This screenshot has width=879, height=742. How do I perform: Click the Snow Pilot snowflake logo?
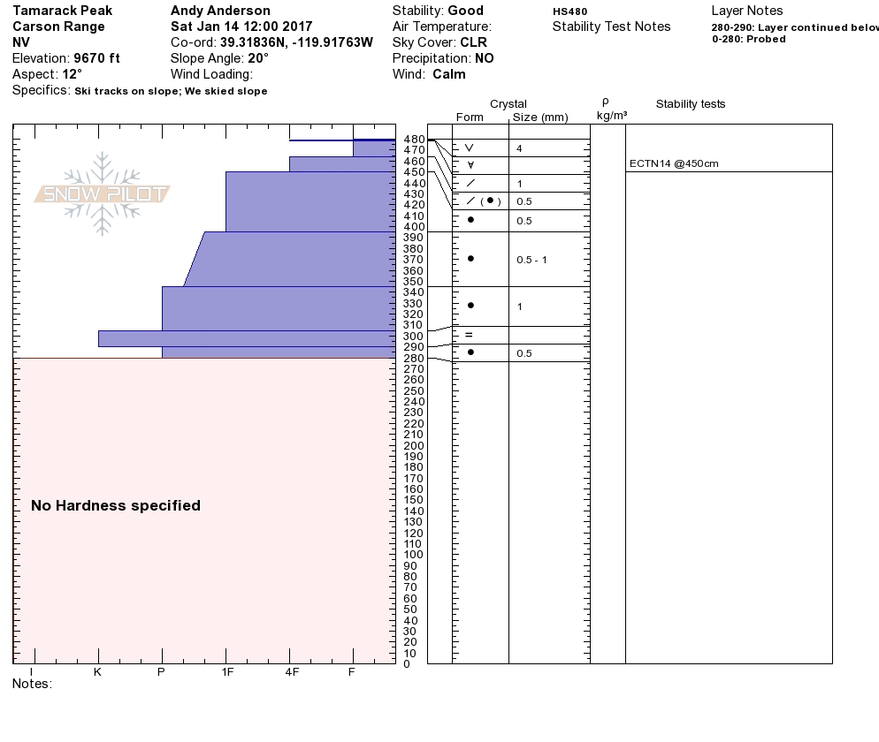(103, 193)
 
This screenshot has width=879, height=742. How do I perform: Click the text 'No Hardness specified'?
(116, 506)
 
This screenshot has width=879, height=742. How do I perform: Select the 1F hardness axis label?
(227, 672)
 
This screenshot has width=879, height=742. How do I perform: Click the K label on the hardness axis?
(98, 672)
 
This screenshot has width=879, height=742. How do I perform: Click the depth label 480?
(414, 140)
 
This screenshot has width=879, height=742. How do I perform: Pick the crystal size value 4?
(519, 148)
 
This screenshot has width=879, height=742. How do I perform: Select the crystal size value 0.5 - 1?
(531, 260)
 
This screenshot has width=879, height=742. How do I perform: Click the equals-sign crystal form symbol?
(470, 335)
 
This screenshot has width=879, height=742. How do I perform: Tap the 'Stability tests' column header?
(690, 104)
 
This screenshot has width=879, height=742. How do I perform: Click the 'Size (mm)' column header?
(540, 117)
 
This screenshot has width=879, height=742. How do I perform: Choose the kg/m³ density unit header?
(611, 116)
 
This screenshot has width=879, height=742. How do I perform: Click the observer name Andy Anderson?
(220, 11)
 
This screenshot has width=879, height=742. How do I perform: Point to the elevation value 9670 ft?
(96, 58)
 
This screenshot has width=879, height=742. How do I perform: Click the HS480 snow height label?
(569, 11)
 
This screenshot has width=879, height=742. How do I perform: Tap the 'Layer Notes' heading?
(746, 11)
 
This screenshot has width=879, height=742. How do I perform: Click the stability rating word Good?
(465, 11)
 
